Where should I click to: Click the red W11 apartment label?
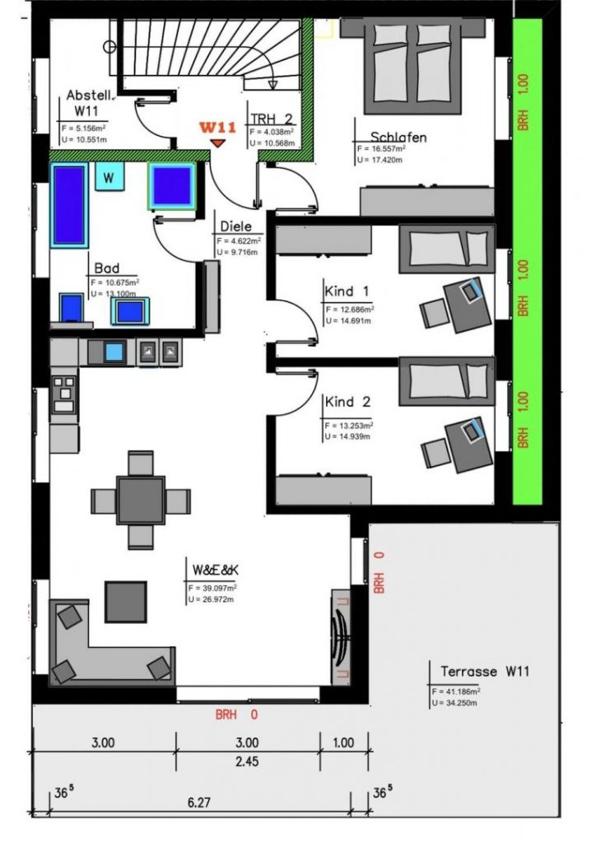(217, 128)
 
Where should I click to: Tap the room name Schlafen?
(398, 137)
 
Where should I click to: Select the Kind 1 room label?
(347, 291)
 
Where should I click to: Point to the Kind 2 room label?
(347, 403)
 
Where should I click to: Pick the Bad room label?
(107, 268)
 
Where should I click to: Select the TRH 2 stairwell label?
(272, 117)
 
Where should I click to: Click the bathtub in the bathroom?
(69, 204)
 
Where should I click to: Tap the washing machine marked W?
(108, 176)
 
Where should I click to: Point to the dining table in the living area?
(140, 500)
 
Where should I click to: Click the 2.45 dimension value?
(246, 761)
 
